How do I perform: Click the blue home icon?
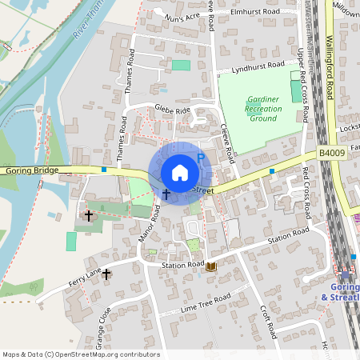click(x=180, y=173)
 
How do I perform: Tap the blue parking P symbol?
click(x=201, y=159)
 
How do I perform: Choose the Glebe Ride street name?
click(x=173, y=110)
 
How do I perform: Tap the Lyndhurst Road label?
click(x=258, y=67)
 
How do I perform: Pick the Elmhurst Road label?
click(x=254, y=12)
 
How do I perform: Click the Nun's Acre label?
click(x=182, y=16)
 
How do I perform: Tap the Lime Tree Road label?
click(x=206, y=301)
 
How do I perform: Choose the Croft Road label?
click(x=267, y=319)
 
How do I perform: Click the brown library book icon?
click(x=211, y=267)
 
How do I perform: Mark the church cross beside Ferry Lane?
click(x=106, y=274)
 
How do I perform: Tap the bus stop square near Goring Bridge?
click(x=104, y=169)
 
